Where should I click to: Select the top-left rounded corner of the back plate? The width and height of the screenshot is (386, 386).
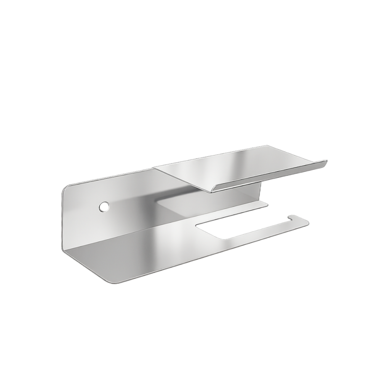[64, 189]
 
